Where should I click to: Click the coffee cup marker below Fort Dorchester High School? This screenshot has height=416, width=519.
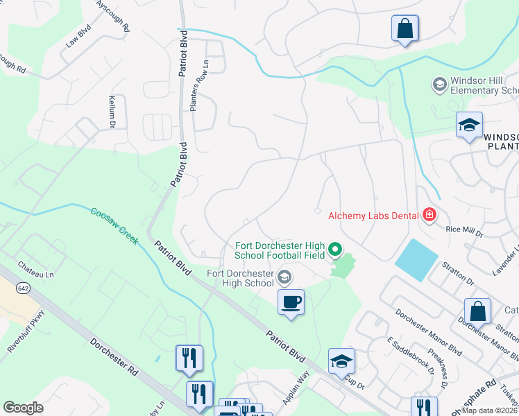(x=291, y=302)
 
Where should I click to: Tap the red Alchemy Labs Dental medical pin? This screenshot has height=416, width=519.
(x=429, y=216)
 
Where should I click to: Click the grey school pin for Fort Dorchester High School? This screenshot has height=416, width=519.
(x=284, y=278)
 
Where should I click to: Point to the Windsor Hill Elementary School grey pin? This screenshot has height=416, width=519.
(x=439, y=85)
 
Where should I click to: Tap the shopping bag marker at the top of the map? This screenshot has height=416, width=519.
(x=405, y=29)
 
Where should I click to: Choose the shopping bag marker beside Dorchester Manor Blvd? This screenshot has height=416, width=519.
(x=478, y=312)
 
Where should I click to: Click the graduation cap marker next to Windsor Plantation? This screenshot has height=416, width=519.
(x=470, y=125)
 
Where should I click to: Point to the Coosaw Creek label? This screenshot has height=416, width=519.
(x=114, y=225)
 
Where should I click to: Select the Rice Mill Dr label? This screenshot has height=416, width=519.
(x=463, y=229)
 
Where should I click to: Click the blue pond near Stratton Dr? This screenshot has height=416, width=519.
(x=416, y=259)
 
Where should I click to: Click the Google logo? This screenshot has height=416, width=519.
(x=23, y=408)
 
